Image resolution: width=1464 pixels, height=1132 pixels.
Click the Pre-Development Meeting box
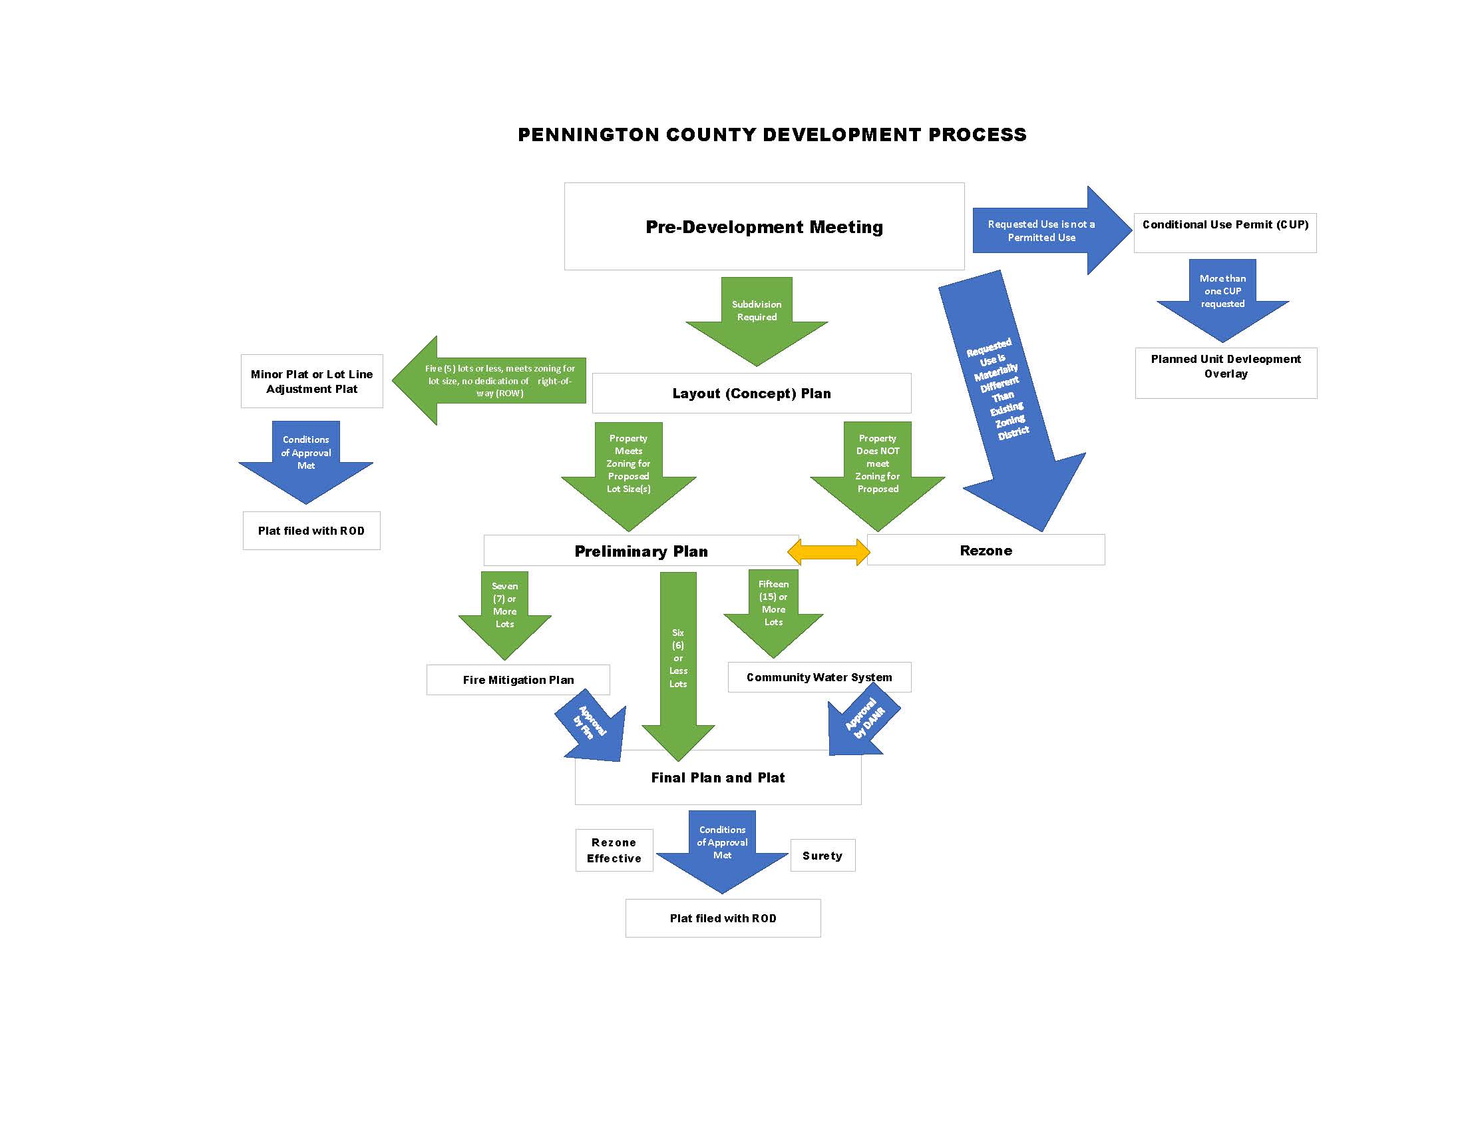(x=764, y=226)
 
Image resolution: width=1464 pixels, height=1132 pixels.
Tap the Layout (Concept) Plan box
(x=751, y=394)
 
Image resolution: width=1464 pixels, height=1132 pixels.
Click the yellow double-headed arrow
(x=828, y=552)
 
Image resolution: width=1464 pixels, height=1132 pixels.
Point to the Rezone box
(x=986, y=551)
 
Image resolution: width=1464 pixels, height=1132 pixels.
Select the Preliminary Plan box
(x=640, y=551)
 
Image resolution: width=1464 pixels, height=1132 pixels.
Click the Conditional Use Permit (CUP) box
(x=1224, y=232)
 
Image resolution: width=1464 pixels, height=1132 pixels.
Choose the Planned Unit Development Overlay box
(x=1225, y=373)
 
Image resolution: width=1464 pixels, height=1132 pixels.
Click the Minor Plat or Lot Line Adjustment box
(x=311, y=382)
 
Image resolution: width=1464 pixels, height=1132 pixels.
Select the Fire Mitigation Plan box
(x=518, y=680)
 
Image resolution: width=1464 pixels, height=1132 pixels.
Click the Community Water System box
(x=819, y=677)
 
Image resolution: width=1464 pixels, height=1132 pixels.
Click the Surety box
(x=823, y=856)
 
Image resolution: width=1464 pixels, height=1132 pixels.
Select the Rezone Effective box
(x=614, y=850)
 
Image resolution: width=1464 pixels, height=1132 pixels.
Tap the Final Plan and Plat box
(x=718, y=778)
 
